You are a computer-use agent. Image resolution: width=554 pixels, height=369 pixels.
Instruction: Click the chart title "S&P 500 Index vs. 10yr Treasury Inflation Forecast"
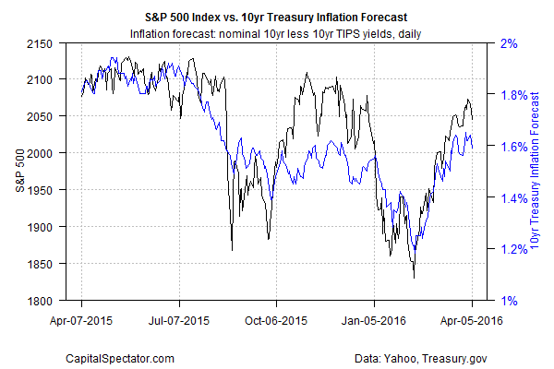point(276,16)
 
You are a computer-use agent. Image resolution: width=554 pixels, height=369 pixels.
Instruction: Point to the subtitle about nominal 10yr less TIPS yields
point(276,33)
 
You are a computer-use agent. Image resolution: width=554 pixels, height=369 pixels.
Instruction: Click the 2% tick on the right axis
point(509,43)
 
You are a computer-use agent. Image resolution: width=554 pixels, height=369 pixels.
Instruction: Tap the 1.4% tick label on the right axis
point(513,197)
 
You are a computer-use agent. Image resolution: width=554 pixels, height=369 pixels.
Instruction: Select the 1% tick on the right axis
point(509,301)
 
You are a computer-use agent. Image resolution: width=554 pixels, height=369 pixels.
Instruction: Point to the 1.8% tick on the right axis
point(513,95)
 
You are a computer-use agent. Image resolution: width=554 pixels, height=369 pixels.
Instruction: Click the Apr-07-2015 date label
point(81,321)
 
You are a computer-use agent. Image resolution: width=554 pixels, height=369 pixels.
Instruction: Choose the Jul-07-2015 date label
point(179,321)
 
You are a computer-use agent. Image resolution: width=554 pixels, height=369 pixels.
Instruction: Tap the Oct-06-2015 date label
point(276,321)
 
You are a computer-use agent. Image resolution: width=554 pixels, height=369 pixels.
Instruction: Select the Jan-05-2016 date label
point(374,321)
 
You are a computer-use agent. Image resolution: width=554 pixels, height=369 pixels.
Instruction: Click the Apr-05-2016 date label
point(471,321)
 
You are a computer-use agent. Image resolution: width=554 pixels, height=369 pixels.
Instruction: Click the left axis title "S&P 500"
point(19,172)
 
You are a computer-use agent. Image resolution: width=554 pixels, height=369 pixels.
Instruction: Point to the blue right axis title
point(536,172)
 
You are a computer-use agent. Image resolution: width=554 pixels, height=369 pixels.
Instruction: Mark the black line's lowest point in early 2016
point(414,278)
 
